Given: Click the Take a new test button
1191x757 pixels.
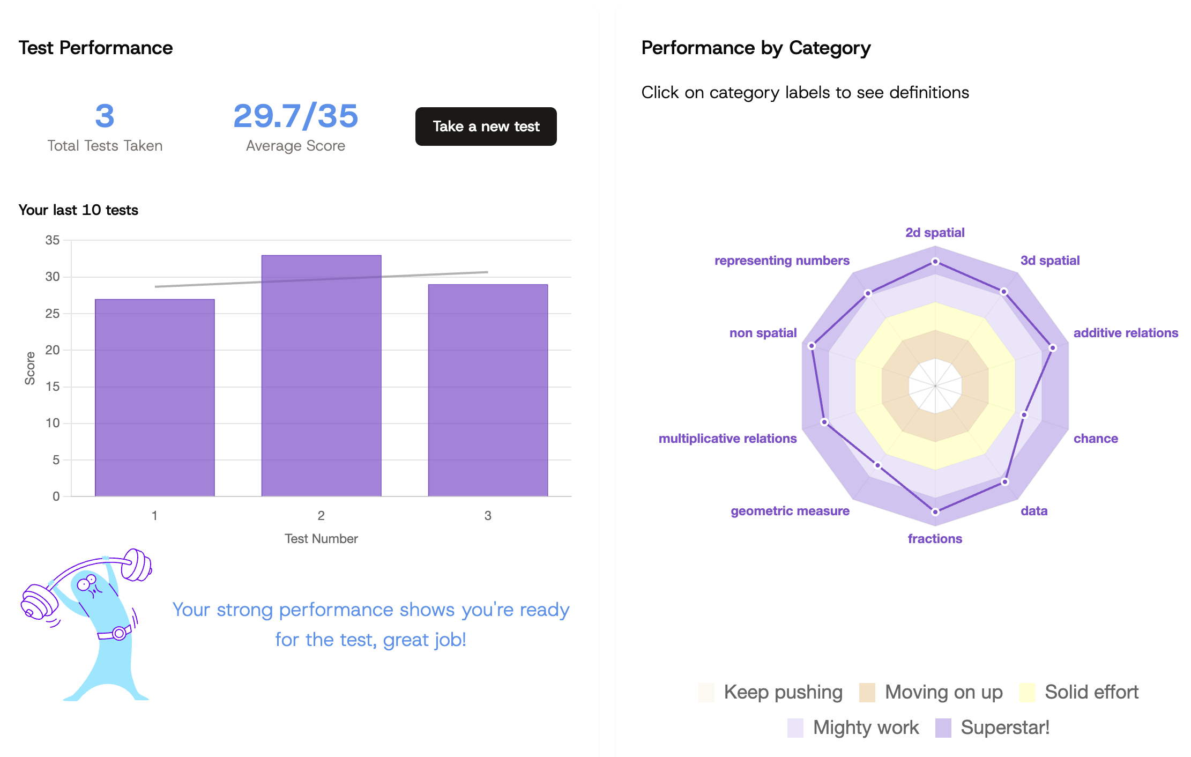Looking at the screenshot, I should point(486,127).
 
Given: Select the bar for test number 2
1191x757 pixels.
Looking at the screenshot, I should point(321,375).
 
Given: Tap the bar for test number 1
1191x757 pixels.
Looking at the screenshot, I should point(154,397).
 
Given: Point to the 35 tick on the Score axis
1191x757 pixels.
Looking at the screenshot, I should point(53,240).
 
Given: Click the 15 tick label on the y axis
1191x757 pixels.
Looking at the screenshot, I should point(53,387).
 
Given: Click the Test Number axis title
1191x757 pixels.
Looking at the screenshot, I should point(321,539).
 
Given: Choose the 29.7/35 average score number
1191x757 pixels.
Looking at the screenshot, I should point(295,116).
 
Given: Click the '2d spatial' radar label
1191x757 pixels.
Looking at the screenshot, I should point(935,233).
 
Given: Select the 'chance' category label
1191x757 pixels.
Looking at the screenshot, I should point(1096,439).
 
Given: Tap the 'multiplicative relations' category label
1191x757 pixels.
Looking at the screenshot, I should point(727,439).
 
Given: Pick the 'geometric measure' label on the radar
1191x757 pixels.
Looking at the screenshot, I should point(790,511).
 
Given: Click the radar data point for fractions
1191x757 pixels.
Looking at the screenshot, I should point(935,512).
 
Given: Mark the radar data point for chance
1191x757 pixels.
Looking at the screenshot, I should point(1024,415).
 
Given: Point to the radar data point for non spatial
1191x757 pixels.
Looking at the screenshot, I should point(812,346).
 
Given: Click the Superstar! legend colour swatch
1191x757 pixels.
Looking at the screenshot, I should point(943,728).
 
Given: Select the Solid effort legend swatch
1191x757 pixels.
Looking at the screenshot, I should point(1027,692).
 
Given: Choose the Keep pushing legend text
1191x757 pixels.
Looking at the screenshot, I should point(783,692).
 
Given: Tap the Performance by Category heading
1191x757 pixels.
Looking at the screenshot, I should point(756,48).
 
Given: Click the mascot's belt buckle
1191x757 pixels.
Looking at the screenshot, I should point(119,633).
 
